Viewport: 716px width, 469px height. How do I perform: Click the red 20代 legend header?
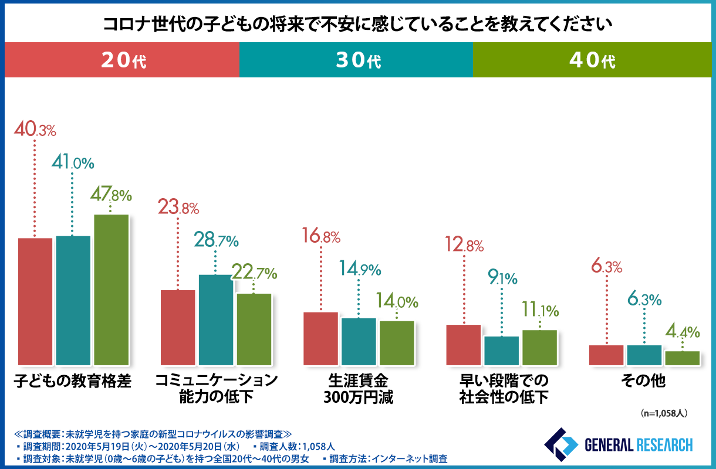[x=122, y=60]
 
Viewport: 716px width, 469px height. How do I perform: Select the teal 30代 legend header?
[x=356, y=60]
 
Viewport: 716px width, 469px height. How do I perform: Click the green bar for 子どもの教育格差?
[x=112, y=290]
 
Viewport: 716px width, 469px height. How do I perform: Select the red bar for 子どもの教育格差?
[x=35, y=302]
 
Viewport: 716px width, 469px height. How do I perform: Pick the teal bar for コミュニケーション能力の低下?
[x=215, y=320]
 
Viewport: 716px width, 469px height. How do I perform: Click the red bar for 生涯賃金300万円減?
[x=320, y=339]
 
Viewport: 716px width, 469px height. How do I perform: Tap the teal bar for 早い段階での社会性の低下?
[x=502, y=351]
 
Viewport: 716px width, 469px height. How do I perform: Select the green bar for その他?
[x=683, y=358]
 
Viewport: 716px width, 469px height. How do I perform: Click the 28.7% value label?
[x=216, y=240]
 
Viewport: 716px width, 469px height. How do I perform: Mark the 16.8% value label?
[x=321, y=237]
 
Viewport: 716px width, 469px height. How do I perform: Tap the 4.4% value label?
[x=683, y=332]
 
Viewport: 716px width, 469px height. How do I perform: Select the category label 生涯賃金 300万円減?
[x=358, y=389]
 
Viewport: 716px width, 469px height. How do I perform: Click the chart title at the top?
[x=357, y=24]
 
